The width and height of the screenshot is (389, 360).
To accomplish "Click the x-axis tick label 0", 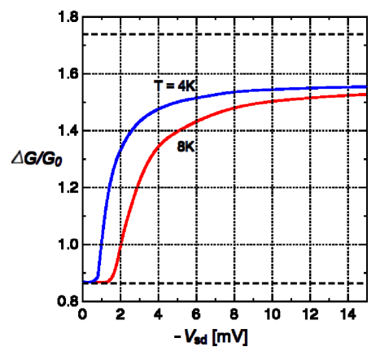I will (x=82, y=314).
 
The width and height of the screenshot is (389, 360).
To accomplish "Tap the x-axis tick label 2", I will (x=120, y=314).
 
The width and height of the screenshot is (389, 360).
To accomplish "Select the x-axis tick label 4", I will (x=159, y=314).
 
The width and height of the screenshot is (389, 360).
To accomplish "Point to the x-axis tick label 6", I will (x=196, y=314).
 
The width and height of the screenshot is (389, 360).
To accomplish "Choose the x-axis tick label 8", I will (x=234, y=314).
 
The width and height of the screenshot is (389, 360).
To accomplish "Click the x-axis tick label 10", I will (x=273, y=314).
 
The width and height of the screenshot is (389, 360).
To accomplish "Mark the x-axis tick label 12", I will (x=310, y=314).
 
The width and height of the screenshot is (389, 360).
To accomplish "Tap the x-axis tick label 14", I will (x=348, y=314).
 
